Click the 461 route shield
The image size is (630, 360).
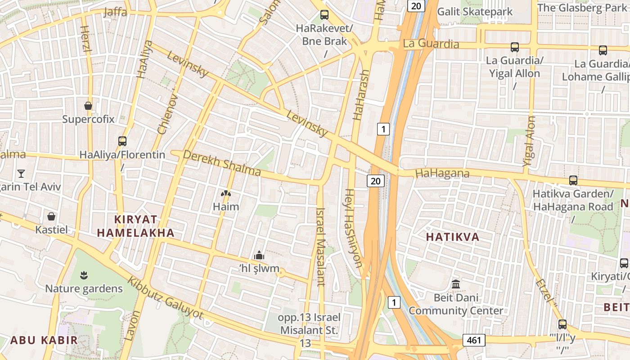[x=474, y=340]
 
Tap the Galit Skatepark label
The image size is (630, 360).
[x=475, y=11]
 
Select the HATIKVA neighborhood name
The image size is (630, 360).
[x=453, y=237]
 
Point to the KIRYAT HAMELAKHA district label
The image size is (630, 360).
[x=135, y=226]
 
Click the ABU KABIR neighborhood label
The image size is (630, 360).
[x=44, y=340]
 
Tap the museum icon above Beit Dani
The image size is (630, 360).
[x=456, y=284]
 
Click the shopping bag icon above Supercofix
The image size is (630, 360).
[x=88, y=106]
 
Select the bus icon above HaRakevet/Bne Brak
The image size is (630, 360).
[x=324, y=15]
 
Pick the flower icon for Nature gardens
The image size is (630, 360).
[x=84, y=274]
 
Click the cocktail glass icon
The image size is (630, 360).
[x=21, y=173]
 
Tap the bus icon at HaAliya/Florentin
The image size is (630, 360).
[x=122, y=141]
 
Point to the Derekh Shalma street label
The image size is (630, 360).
[x=222, y=163]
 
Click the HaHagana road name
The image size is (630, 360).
[x=442, y=173]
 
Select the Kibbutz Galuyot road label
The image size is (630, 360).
[x=165, y=298]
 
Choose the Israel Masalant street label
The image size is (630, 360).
[x=320, y=247]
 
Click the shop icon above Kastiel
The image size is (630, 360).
[x=51, y=216]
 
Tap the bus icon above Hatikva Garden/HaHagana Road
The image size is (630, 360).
[x=573, y=180]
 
